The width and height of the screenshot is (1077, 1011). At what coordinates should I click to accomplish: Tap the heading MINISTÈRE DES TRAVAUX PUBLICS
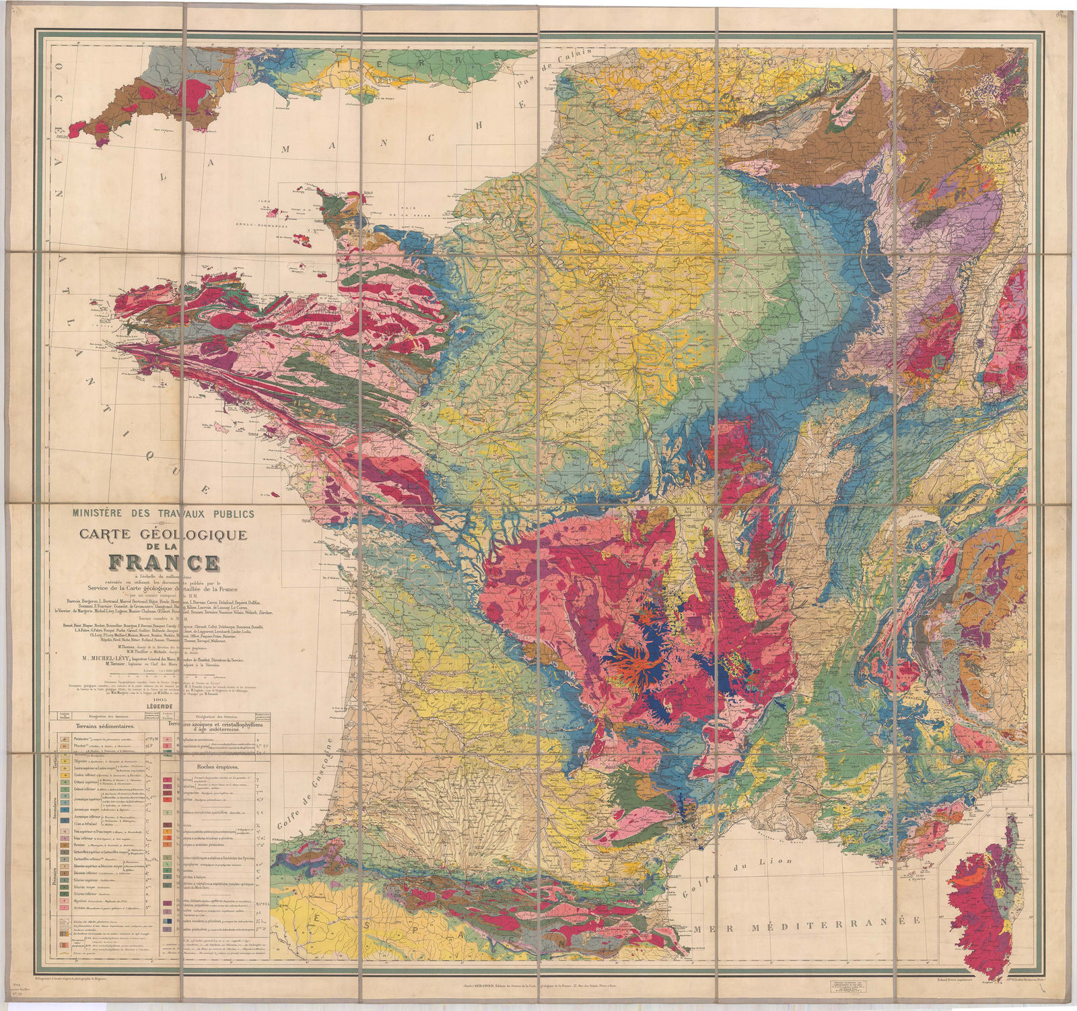click(x=164, y=514)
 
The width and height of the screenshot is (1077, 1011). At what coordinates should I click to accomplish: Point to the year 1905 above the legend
click(x=164, y=700)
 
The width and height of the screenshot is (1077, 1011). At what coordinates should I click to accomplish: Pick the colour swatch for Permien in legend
click(x=65, y=845)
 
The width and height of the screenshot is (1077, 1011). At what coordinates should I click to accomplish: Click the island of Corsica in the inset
click(x=983, y=896)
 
